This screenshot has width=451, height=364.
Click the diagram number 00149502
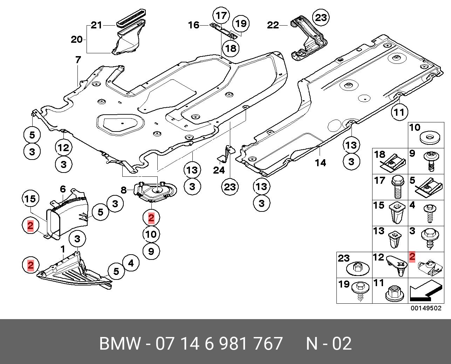point(426,308)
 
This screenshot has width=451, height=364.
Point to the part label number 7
point(78,60)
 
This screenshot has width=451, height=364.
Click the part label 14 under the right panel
point(320,162)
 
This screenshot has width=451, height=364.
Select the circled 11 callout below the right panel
point(399,112)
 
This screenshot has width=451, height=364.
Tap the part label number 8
point(123,190)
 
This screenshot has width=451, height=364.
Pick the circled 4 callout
point(131,263)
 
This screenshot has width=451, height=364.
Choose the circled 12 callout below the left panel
point(63,147)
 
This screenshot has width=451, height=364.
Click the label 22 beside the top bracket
point(273,25)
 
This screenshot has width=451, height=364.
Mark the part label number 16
point(193,25)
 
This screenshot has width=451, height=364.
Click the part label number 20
point(76,39)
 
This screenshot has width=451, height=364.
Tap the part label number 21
point(96,25)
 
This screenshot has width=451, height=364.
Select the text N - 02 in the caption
point(328,344)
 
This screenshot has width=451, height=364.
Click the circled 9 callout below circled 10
point(151,251)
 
